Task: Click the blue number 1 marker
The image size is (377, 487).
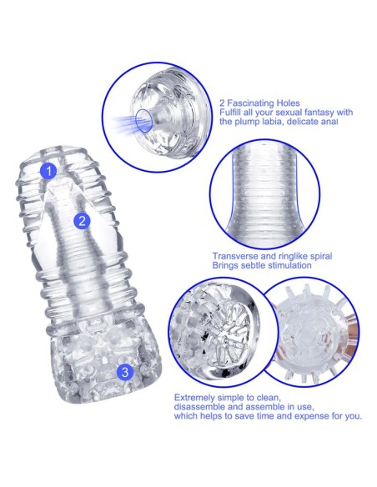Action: (x=48, y=171)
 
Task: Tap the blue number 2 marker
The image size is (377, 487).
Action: (x=82, y=221)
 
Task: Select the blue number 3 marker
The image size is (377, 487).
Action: (x=125, y=372)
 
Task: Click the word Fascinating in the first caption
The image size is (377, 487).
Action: (x=250, y=103)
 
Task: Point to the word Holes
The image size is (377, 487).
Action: (x=289, y=103)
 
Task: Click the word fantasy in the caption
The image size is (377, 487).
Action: (x=319, y=112)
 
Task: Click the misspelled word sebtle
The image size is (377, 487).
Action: (x=252, y=265)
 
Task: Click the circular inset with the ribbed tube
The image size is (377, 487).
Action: (x=264, y=195)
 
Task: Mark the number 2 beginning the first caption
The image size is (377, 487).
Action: (x=222, y=103)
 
